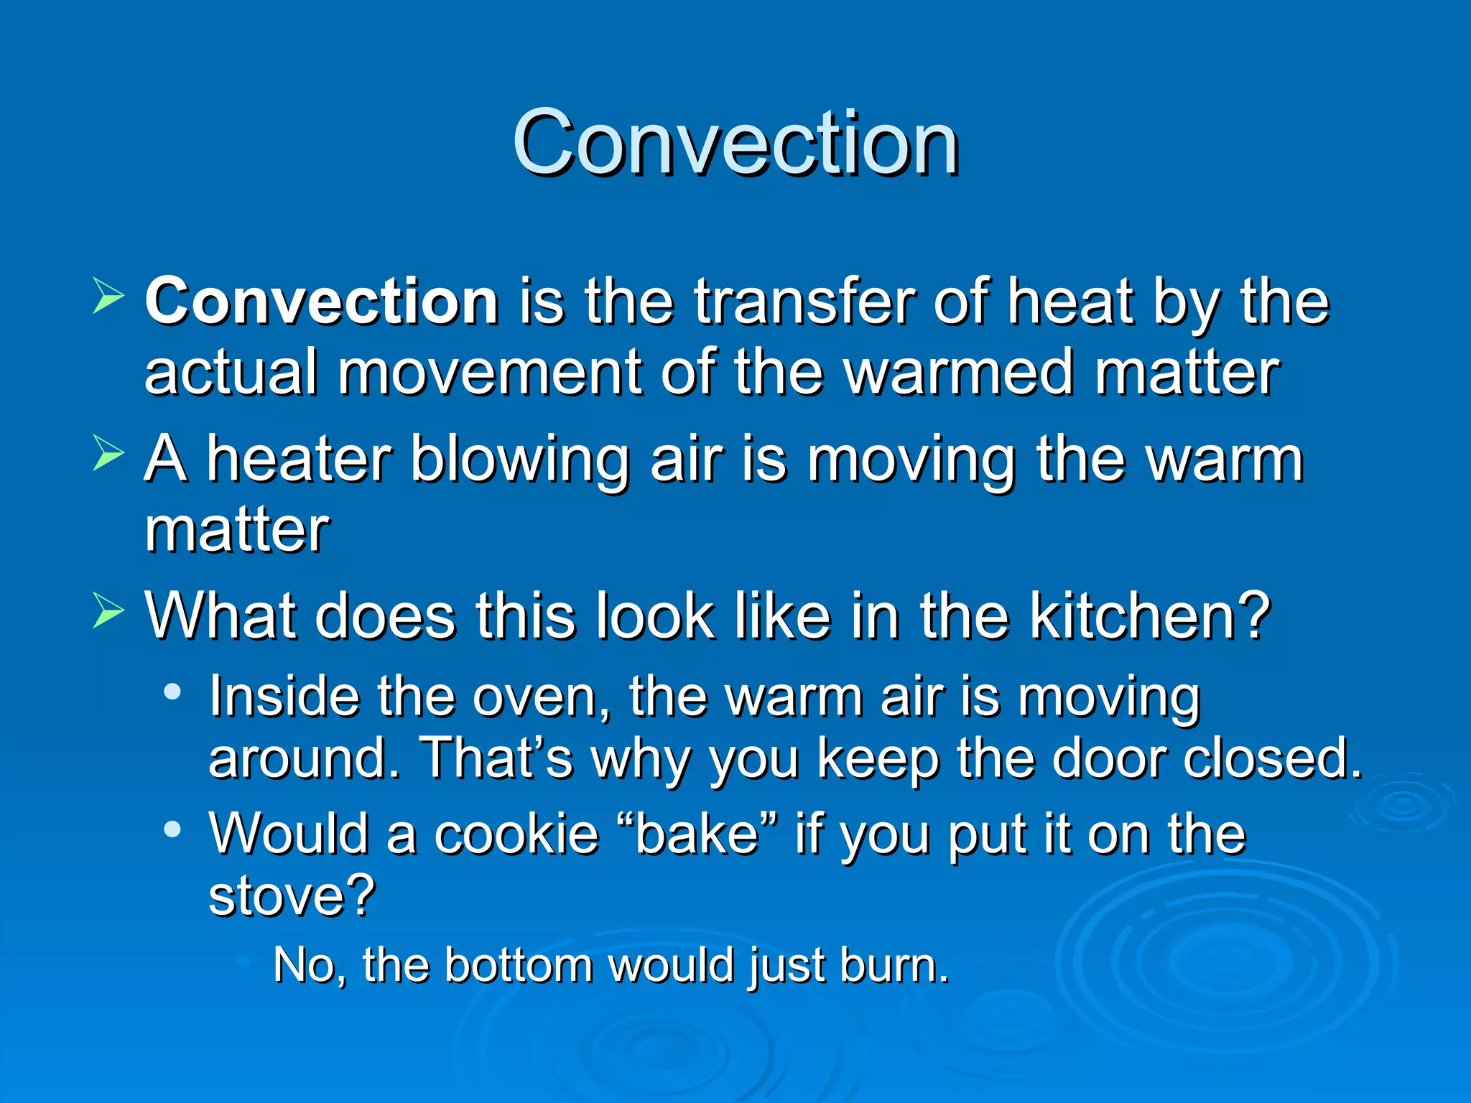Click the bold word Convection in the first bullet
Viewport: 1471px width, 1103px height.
pos(322,302)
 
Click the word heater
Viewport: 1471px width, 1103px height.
pos(300,460)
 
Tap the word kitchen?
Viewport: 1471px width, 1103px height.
pos(1150,615)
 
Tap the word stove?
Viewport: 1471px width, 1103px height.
pos(292,895)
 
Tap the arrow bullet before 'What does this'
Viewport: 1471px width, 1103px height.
pos(108,613)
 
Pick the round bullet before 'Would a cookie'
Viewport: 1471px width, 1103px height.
pos(172,830)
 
